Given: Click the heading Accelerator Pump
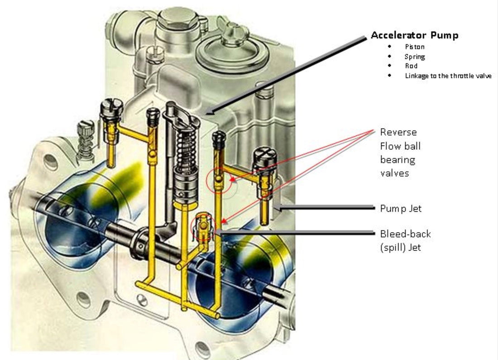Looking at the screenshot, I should [414, 35].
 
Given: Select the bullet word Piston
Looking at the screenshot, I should [415, 46].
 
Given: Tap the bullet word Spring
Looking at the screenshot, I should [415, 57].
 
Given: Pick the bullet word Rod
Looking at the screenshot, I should [411, 66].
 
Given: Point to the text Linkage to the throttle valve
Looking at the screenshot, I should [448, 76].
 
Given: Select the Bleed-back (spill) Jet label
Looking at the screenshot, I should [405, 240].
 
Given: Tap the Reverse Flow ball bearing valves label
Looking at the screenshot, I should [398, 153].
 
